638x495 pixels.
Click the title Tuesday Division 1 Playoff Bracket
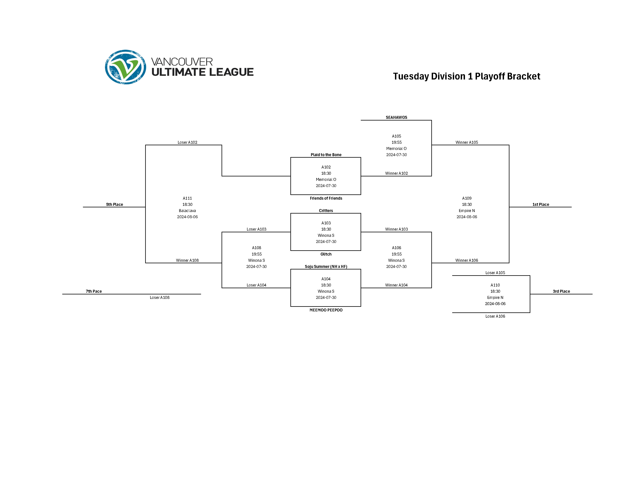tap(466, 76)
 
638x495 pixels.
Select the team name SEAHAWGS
tap(396, 117)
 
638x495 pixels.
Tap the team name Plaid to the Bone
tap(326, 155)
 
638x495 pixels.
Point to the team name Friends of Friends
tap(326, 198)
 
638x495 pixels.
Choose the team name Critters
tap(326, 211)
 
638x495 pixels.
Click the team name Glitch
tap(326, 254)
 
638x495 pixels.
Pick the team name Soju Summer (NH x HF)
tap(326, 267)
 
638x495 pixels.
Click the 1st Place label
tap(540, 204)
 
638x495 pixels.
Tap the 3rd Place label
tap(561, 291)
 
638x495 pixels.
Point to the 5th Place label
tap(114, 204)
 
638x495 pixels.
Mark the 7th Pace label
tap(94, 291)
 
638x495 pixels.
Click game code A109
tap(467, 198)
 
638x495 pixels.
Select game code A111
tap(187, 198)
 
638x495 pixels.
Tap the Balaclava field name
tap(187, 211)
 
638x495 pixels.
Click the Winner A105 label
tap(467, 142)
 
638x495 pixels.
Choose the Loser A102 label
tap(187, 142)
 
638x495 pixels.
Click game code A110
tap(495, 285)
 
